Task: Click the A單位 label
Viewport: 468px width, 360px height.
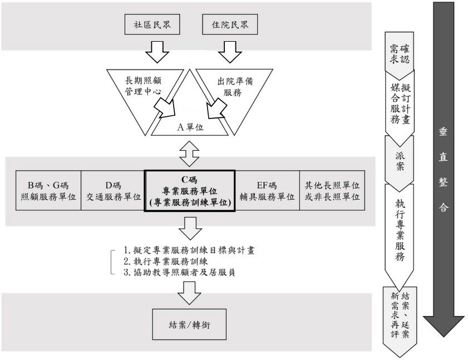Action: click(190, 126)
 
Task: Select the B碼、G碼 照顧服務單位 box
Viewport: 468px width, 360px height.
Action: click(48, 191)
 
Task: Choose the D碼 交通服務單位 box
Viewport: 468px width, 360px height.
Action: click(113, 191)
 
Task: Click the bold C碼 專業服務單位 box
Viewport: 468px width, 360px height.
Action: click(190, 191)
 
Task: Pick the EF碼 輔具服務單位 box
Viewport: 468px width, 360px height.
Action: click(268, 191)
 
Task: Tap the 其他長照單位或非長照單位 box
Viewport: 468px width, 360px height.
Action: click(331, 191)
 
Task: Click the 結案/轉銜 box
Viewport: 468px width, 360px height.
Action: click(190, 324)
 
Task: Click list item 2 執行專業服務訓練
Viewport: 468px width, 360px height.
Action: click(167, 261)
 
